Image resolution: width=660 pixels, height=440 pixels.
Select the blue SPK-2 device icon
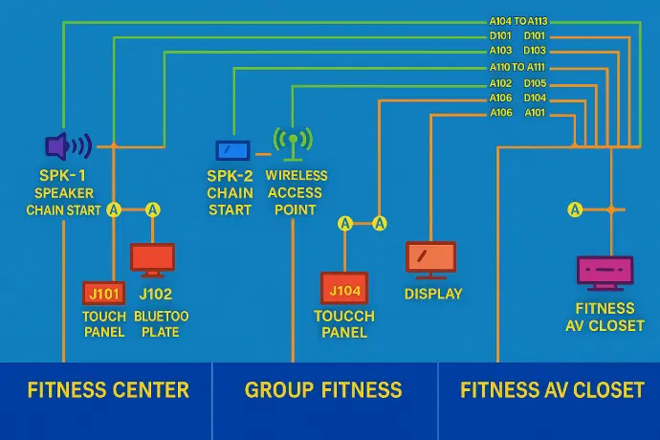[x=232, y=150]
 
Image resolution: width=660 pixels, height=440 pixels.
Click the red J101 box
[x=101, y=293]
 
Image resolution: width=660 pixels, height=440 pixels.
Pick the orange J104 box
[x=344, y=289]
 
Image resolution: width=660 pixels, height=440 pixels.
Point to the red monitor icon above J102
[x=152, y=258]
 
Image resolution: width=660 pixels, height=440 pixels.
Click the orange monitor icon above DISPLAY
[x=431, y=258]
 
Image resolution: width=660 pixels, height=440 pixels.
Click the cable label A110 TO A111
[x=517, y=68]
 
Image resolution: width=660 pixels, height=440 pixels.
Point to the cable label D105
[x=536, y=83]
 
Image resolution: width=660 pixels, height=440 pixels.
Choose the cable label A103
[x=501, y=51]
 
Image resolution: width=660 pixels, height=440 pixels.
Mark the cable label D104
[x=536, y=98]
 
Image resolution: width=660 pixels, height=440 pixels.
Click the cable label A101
[x=536, y=113]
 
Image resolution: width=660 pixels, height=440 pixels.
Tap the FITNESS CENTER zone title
[x=108, y=390]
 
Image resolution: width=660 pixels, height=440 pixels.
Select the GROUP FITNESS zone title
[x=323, y=390]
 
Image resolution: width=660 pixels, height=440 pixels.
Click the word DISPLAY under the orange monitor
[x=433, y=294]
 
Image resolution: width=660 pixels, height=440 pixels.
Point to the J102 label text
[x=155, y=295]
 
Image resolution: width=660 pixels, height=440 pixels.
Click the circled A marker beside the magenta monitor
[x=575, y=209]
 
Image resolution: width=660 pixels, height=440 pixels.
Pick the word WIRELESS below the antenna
[x=297, y=176]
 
